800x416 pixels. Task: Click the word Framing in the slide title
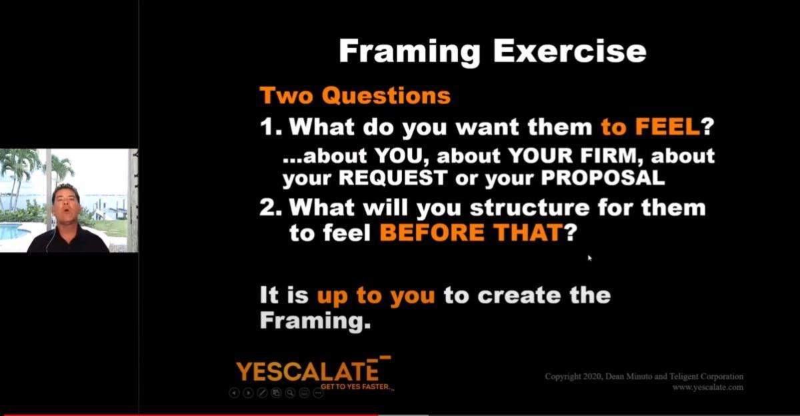[409, 53]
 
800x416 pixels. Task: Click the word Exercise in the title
[569, 51]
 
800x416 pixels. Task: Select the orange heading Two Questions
[355, 96]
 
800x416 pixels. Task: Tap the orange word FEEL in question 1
[667, 127]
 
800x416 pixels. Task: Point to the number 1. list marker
[271, 127]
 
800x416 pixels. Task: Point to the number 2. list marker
[271, 207]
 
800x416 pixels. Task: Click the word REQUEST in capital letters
[393, 177]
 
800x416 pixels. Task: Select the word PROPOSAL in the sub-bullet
[603, 177]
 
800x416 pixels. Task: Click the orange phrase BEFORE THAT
[471, 232]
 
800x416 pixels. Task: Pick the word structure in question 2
[529, 207]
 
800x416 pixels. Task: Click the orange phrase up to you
[376, 296]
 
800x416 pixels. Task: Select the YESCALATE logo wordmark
[307, 371]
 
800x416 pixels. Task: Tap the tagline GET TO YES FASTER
[356, 387]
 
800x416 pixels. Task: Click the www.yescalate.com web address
[708, 387]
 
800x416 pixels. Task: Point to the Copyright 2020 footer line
[644, 377]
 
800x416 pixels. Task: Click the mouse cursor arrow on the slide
[589, 258]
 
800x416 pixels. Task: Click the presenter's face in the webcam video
[66, 204]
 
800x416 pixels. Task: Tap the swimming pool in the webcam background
[14, 231]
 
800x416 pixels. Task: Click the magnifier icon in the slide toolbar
[291, 393]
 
